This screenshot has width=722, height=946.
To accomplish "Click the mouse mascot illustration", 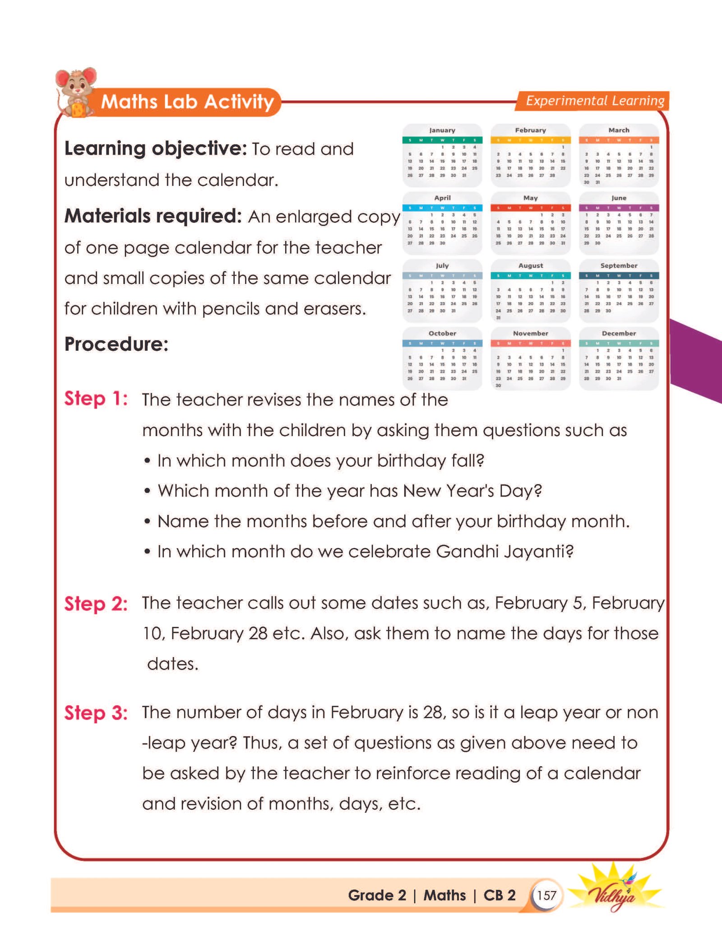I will point(76,92).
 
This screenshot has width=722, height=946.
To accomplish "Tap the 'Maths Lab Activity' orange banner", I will point(187,102).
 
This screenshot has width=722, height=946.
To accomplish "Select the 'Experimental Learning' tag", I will point(594,101).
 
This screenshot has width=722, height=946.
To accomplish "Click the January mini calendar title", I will point(442,130).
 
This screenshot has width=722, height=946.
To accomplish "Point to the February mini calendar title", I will point(530,130).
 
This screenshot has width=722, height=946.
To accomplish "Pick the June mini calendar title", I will point(619,198).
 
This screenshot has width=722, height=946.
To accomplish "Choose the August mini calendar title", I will point(530,266).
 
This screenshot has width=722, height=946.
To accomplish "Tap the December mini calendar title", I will point(619,334).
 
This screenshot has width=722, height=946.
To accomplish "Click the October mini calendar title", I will point(442,334).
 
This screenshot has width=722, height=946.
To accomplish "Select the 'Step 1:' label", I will point(96,399).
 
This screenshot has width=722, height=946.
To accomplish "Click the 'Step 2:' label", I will point(96,604).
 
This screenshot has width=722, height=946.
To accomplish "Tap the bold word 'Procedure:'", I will point(116,344).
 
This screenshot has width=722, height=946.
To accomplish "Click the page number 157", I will point(546,895).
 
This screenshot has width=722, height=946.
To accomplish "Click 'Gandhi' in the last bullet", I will point(467,551).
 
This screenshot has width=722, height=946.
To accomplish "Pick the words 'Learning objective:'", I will point(156,149).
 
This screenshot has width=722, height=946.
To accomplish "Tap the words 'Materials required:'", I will point(153,216).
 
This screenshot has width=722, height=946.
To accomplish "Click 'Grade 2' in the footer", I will point(377,895).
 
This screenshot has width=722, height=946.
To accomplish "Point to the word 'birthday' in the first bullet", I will point(412,461).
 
